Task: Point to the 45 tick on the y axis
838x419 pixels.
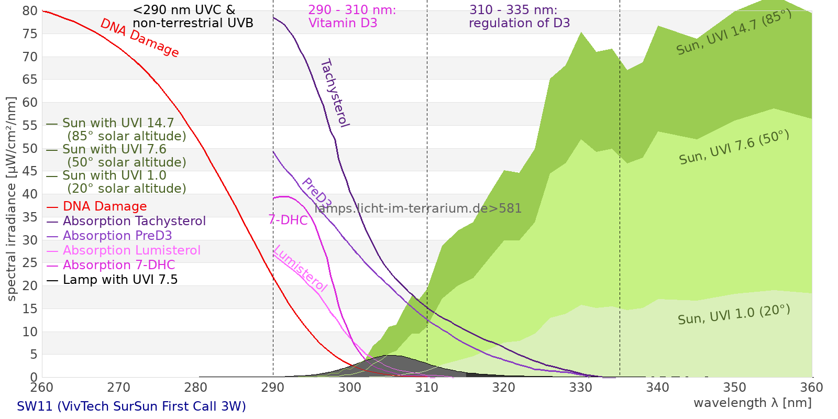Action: [30, 171]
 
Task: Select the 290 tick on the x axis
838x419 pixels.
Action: [273, 388]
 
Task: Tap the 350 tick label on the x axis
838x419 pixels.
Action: [735, 388]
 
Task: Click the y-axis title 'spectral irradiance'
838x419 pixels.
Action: [12, 199]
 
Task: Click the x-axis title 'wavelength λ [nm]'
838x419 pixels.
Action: [752, 403]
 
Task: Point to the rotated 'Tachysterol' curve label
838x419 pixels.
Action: [335, 93]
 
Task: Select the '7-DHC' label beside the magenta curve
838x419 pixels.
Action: [288, 220]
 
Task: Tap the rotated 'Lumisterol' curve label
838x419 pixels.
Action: [300, 268]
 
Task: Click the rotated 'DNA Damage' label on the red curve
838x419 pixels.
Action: [139, 38]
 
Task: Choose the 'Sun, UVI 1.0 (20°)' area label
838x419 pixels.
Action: [734, 315]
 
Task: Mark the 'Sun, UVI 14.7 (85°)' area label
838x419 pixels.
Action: [734, 32]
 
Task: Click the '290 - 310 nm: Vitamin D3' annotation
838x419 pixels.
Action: [352, 17]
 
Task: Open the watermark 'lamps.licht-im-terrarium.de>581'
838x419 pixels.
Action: [418, 208]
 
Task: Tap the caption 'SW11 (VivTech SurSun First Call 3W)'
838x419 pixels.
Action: [131, 406]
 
